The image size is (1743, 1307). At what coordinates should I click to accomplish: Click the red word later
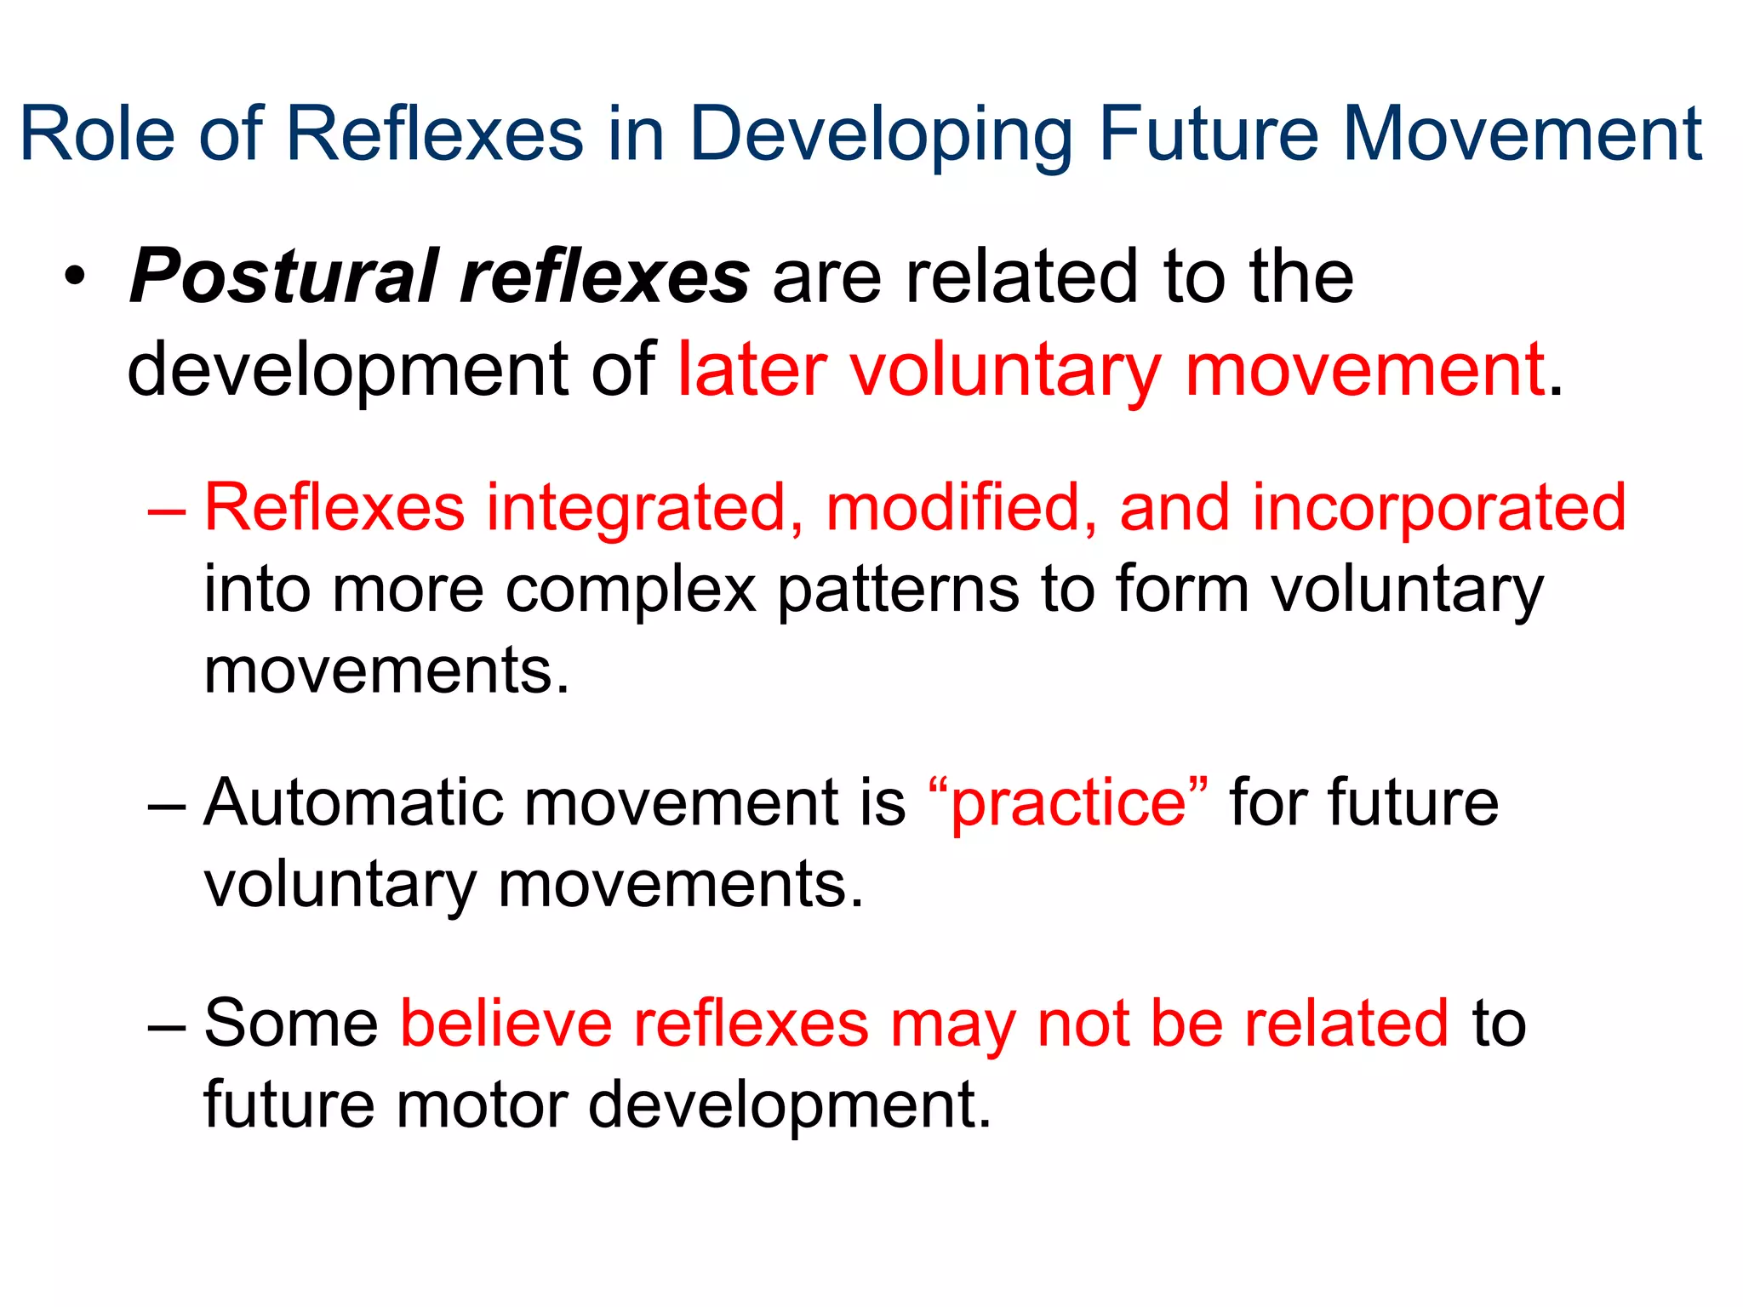click(751, 369)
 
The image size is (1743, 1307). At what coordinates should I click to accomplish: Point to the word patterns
click(897, 590)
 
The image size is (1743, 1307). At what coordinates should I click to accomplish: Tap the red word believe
click(506, 1023)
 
